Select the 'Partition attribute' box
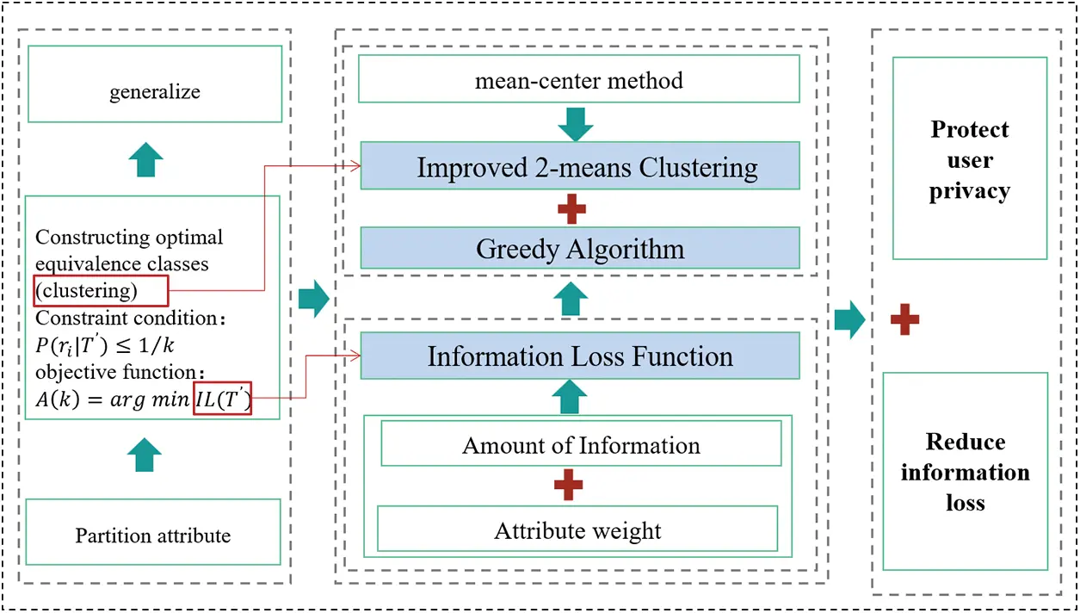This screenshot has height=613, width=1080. pyautogui.click(x=153, y=536)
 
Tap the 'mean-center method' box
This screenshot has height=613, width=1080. pyautogui.click(x=578, y=81)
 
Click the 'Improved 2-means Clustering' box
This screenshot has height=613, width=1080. pyautogui.click(x=580, y=166)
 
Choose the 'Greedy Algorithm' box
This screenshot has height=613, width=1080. pyautogui.click(x=580, y=249)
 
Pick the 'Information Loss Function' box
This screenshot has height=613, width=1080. pyautogui.click(x=580, y=356)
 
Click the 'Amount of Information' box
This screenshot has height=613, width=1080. pyautogui.click(x=581, y=444)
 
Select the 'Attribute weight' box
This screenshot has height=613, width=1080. pyautogui.click(x=577, y=529)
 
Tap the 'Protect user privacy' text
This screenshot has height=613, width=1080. pyautogui.click(x=969, y=160)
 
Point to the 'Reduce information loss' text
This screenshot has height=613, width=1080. pyautogui.click(x=965, y=472)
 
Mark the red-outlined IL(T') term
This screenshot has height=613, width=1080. pyautogui.click(x=222, y=398)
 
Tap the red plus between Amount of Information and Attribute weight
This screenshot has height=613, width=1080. pyautogui.click(x=568, y=486)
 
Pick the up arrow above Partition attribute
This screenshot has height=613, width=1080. pyautogui.click(x=144, y=454)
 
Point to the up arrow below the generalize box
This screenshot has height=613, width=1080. pyautogui.click(x=145, y=159)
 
